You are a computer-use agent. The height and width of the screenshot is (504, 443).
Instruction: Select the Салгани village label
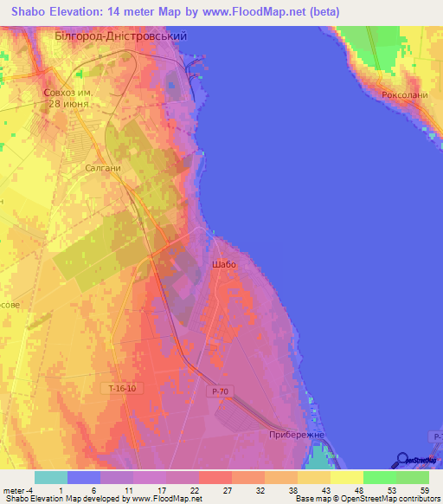102,169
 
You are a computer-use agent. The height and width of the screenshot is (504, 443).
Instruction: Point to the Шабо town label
223,264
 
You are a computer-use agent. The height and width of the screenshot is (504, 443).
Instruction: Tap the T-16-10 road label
123,389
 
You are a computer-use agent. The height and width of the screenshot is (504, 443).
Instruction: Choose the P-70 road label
220,391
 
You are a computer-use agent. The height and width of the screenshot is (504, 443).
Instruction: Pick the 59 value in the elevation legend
423,489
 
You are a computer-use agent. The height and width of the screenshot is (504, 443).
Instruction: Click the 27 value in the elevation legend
226,489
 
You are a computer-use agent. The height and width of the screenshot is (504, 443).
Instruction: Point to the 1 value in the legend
60,489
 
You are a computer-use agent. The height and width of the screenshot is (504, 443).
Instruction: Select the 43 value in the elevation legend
324,489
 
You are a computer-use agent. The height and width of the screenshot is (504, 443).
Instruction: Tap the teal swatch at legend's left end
51,477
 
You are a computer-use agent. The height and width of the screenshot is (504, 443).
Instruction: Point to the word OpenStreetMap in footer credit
356,499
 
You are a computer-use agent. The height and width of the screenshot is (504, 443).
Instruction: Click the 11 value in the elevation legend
127,489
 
